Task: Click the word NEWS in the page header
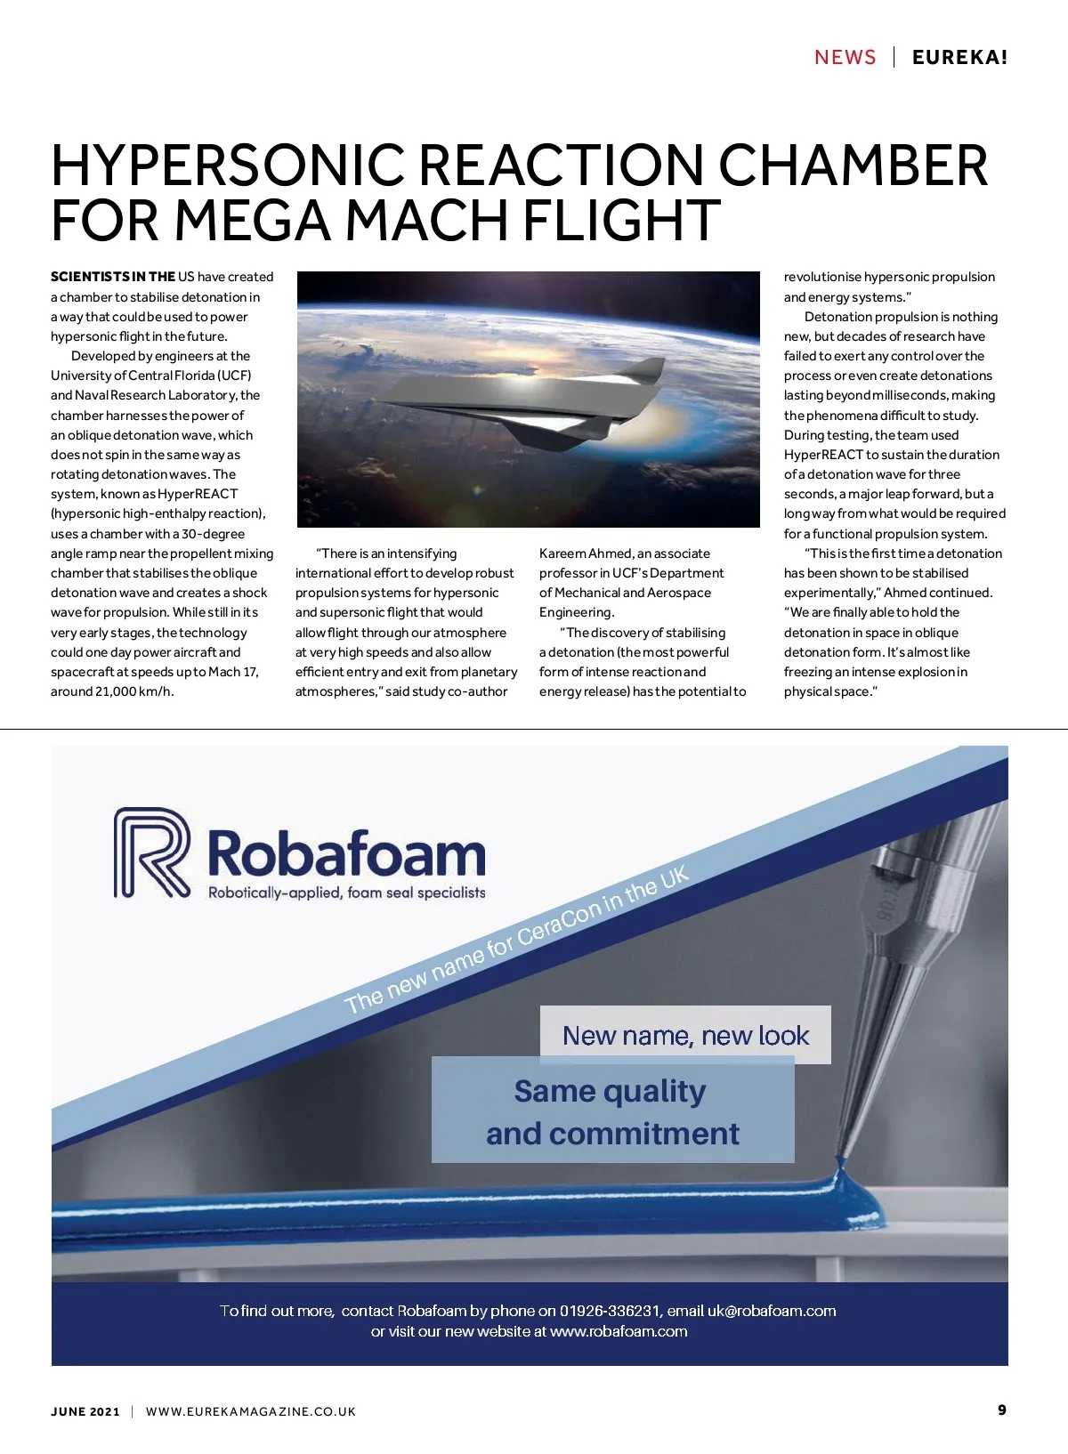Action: (x=845, y=58)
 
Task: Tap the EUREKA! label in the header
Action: (x=960, y=58)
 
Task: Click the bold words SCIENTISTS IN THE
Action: (x=113, y=277)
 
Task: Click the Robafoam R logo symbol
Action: (x=151, y=852)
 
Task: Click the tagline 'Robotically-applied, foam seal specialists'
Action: (x=346, y=893)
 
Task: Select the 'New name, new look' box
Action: (x=685, y=1035)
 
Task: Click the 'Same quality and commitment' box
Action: (x=612, y=1111)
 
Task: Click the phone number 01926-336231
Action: (x=611, y=1311)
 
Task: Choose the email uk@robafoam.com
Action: (x=771, y=1311)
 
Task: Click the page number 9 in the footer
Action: (x=1002, y=1410)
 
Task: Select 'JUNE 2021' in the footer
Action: (x=85, y=1411)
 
